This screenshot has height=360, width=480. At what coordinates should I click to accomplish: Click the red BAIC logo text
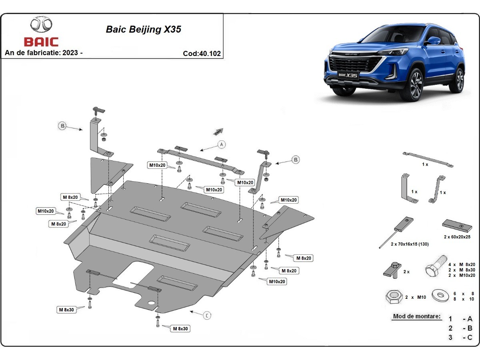[41, 42]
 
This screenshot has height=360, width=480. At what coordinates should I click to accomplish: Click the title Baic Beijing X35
[143, 29]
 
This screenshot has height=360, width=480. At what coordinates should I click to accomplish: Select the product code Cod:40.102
[202, 53]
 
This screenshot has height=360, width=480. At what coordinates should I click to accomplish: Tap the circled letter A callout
[222, 144]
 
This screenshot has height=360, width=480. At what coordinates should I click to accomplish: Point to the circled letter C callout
[207, 316]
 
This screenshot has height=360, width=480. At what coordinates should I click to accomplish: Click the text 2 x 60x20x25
[457, 237]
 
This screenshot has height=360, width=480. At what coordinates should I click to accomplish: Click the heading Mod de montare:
[417, 316]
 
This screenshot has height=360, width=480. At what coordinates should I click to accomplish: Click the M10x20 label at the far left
[46, 211]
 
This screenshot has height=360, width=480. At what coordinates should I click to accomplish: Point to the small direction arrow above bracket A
[218, 131]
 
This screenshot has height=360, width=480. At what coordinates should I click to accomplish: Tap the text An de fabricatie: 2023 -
[44, 53]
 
